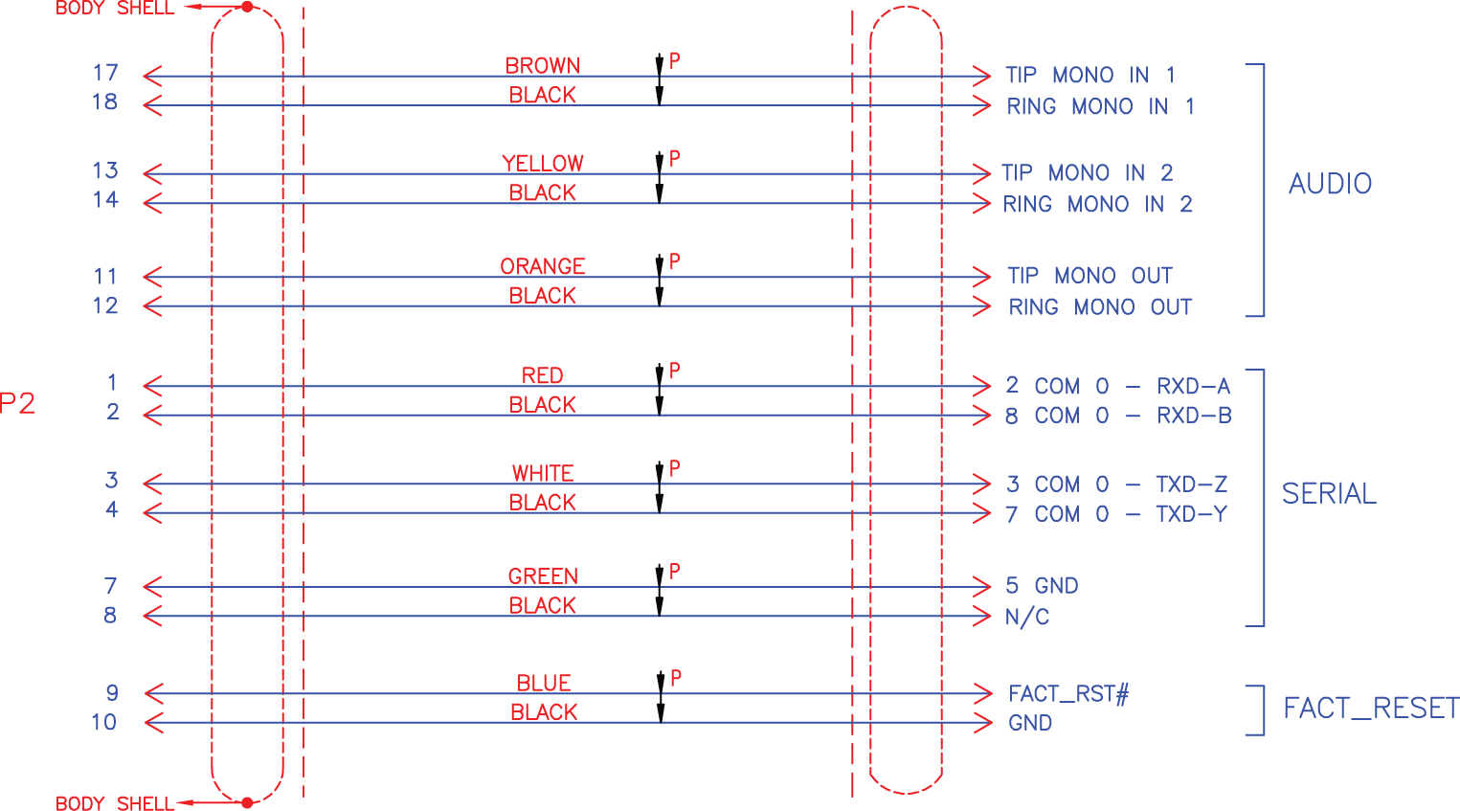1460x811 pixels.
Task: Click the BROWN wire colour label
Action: coord(543,65)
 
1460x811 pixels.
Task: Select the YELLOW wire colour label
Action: coord(543,163)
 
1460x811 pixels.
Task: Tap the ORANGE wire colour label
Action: coord(543,265)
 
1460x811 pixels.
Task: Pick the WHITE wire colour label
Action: coord(543,473)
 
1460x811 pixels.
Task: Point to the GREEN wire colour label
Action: coord(543,575)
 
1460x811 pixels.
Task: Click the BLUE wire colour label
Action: coord(544,683)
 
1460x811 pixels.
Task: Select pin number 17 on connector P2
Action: coord(105,73)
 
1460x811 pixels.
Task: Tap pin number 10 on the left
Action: coord(104,722)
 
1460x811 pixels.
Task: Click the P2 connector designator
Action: coord(17,403)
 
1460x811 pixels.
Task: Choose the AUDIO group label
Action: coord(1330,183)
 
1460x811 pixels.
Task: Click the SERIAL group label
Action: coord(1329,493)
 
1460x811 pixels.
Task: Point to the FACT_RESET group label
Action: coord(1371,708)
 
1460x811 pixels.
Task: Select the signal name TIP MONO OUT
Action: coord(1089,276)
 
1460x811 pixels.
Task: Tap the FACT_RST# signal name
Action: coord(1068,693)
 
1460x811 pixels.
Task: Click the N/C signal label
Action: coord(1027,617)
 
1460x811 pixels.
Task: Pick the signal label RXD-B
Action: coord(1194,416)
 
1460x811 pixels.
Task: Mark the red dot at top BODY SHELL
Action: coord(247,7)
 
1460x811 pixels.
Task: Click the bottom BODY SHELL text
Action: coord(115,803)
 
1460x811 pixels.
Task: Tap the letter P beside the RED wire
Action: coord(675,370)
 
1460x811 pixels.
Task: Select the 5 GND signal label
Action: coord(1042,585)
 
